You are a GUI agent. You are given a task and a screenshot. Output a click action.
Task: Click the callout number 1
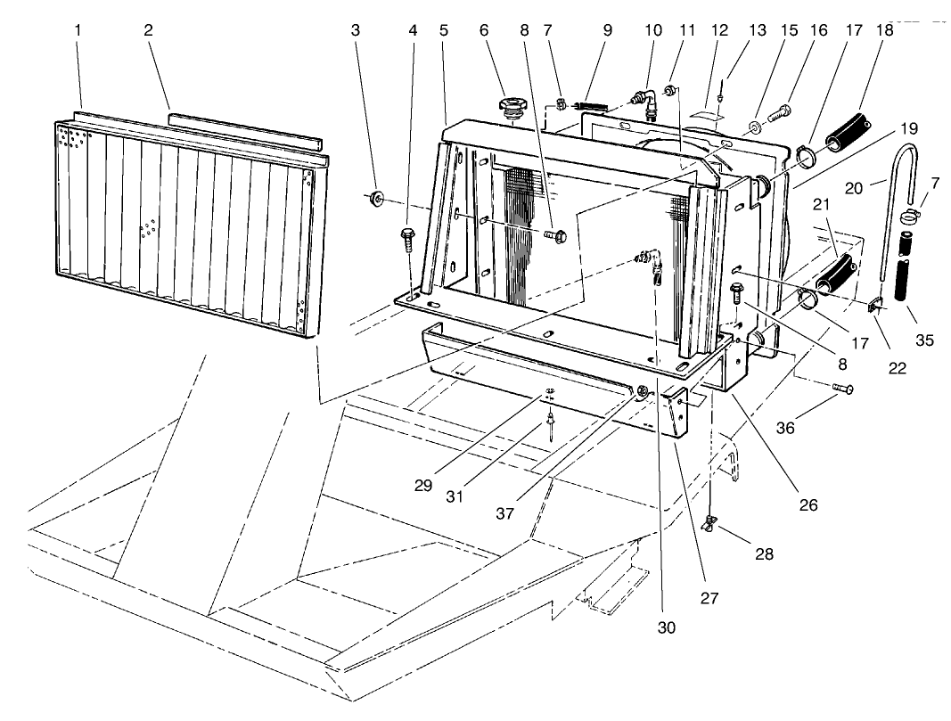coord(78,29)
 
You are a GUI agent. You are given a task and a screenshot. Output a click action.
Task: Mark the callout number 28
coord(763,554)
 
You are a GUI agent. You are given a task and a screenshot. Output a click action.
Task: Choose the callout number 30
coord(668,627)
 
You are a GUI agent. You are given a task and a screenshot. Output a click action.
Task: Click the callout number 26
coord(807,504)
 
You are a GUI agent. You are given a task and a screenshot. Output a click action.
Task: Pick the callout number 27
coord(709,598)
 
